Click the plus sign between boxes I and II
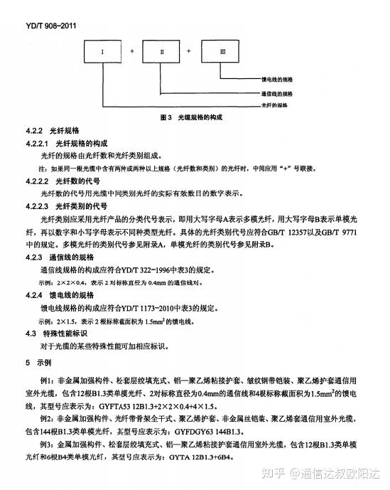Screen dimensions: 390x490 pos(134,52)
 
